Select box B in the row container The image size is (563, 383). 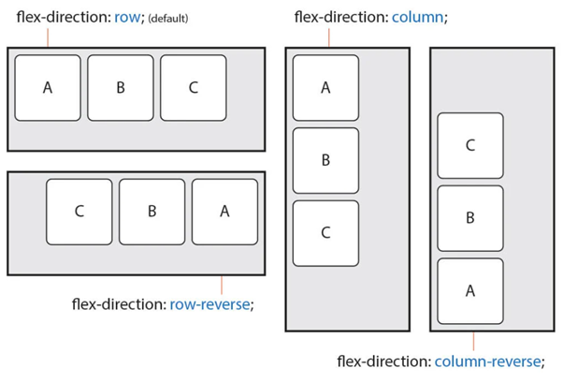click(121, 88)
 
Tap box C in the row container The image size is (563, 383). click(194, 88)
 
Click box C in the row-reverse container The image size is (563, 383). click(79, 212)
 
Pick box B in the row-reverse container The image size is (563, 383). click(152, 212)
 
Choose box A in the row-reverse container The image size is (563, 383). click(224, 212)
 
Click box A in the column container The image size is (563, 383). click(325, 88)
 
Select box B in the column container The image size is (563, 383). click(325, 160)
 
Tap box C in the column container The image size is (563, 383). click(325, 233)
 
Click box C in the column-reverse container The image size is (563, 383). click(470, 146)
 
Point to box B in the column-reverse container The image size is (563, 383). click(470, 218)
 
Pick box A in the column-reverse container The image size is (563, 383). click(470, 291)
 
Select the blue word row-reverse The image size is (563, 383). click(209, 304)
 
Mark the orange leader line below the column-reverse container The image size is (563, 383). click(473, 342)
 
